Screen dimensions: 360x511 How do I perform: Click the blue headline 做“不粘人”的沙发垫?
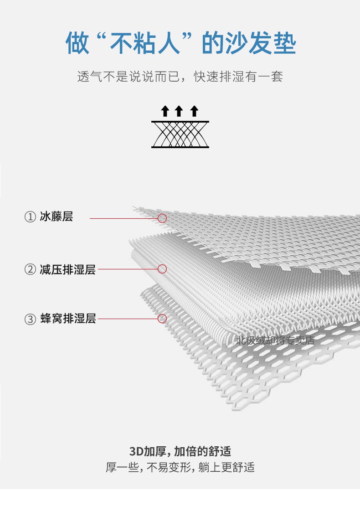tap(180, 43)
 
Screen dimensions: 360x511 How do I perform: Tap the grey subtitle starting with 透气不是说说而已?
tap(180, 77)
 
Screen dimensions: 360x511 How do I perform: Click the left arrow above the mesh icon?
tap(165, 111)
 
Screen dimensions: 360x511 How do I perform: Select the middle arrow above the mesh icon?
tap(179, 111)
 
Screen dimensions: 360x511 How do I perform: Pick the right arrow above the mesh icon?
tap(194, 111)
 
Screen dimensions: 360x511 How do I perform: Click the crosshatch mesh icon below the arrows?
tap(180, 134)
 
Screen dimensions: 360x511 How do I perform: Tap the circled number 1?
tap(30, 217)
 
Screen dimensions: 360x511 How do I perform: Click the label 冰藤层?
tap(57, 217)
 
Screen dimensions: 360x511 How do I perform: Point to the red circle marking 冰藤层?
tap(162, 218)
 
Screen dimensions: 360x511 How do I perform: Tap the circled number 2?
tap(30, 269)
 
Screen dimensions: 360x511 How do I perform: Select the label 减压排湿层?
tap(68, 269)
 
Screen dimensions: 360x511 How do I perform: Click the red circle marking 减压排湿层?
tap(162, 269)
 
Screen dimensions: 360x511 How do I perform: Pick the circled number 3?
tap(30, 319)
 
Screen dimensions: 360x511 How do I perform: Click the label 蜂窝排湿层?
tap(68, 318)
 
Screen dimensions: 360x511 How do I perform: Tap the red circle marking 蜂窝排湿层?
tap(162, 318)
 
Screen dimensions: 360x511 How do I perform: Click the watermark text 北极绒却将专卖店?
tap(275, 341)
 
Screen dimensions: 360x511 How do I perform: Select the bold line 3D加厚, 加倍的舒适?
tap(180, 451)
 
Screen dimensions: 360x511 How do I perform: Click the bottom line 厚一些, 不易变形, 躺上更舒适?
tap(180, 467)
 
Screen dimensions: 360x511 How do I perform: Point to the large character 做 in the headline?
tap(77, 43)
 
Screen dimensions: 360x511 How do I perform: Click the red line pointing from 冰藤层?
tap(124, 218)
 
